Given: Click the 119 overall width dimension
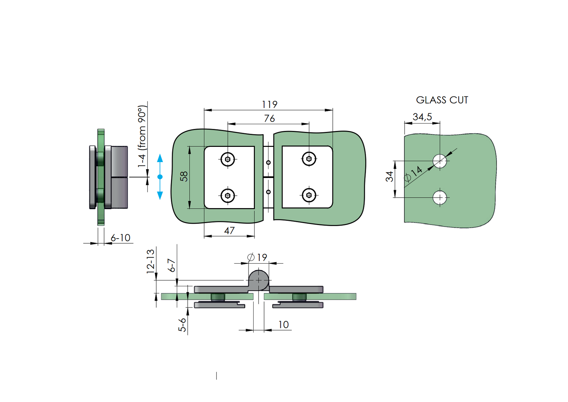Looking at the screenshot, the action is pos(269,104).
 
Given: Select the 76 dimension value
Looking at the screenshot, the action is pos(269,118).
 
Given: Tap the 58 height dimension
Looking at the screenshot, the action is pos(184,176).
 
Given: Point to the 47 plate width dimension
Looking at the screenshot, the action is pos(229,230).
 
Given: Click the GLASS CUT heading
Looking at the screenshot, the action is pos(442,100).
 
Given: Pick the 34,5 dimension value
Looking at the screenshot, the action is pos(422,117).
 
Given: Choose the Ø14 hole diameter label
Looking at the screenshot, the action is pos(413,174).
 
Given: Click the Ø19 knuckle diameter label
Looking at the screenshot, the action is pos(257,257).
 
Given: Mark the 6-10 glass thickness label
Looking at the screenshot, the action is pos(120,238).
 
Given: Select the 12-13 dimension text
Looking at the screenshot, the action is pos(150,261).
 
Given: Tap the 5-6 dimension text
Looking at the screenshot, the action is pos(182,325).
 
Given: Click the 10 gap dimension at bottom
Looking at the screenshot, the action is pos(283,325).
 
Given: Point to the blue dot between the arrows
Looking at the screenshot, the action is pos(160,177).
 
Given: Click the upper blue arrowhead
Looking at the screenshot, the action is pos(160,158).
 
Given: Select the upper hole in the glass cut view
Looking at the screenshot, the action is pos(440,161).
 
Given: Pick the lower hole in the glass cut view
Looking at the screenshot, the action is pos(440,198).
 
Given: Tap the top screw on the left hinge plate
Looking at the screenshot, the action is pos(228,159).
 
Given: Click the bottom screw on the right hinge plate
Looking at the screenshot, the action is pos(309,195).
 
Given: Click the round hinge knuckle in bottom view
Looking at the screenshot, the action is pos(258,280).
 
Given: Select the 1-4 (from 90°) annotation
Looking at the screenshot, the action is pos(142,136).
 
